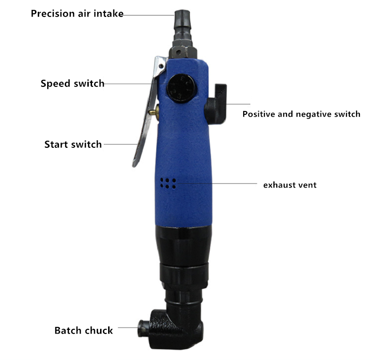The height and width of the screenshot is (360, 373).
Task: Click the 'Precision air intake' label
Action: (77, 14)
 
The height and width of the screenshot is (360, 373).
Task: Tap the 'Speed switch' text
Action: (73, 83)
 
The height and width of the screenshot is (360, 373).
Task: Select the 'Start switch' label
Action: (73, 144)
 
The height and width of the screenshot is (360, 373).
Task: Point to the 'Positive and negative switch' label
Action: (301, 114)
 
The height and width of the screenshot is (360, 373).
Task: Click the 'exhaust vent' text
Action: (290, 185)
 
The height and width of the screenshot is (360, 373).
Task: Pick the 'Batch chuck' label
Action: (84, 331)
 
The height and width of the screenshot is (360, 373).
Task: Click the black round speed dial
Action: (181, 88)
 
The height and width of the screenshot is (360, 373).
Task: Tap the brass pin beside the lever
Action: (154, 112)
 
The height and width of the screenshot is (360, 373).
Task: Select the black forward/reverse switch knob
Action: (215, 104)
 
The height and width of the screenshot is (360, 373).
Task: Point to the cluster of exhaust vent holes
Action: (168, 183)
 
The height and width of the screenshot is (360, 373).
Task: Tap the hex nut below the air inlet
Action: (183, 50)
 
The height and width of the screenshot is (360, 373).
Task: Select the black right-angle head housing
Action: (174, 328)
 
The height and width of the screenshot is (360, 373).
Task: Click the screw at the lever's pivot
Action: (161, 66)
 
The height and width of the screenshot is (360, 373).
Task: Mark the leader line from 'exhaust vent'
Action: (216, 183)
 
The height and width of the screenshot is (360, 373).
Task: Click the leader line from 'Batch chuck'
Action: (128, 327)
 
